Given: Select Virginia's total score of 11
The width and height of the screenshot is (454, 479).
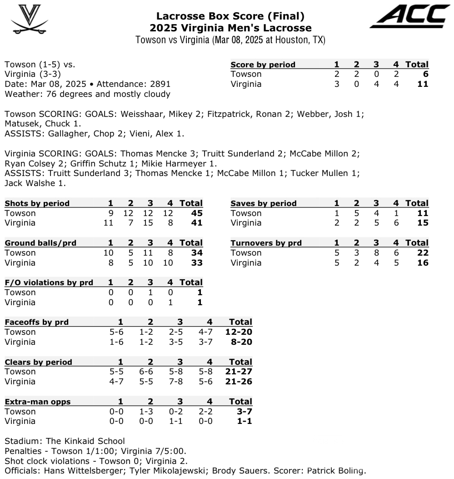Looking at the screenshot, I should pyautogui.click(x=423, y=84).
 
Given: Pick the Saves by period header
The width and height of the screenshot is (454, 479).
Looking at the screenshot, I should pyautogui.click(x=264, y=203).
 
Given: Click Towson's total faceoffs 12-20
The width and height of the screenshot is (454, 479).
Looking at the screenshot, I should pyautogui.click(x=239, y=332).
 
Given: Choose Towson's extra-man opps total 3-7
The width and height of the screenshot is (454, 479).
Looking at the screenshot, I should pyautogui.click(x=241, y=411).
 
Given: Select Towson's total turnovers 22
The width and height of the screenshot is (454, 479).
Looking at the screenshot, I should pyautogui.click(x=423, y=252).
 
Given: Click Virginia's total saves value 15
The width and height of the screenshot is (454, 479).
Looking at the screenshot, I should pyautogui.click(x=423, y=223).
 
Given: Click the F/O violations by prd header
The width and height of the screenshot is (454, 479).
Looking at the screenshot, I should pyautogui.click(x=49, y=282).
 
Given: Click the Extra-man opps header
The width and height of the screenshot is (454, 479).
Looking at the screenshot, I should pyautogui.click(x=37, y=402).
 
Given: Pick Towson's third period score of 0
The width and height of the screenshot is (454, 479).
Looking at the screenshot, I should pyautogui.click(x=376, y=74).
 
